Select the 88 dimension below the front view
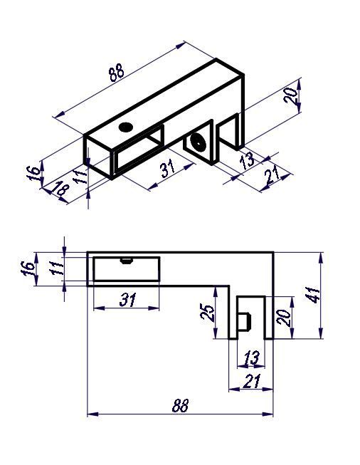coord(180,405)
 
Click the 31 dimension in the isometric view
coord(168,169)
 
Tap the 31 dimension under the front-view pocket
coord(127,300)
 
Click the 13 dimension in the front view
coord(251,356)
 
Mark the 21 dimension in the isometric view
coord(271,177)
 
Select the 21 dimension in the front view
coord(250,382)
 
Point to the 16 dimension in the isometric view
coord(33,173)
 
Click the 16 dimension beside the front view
coord(28,268)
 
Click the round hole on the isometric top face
coord(127,127)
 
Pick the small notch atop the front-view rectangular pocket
coord(126,260)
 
